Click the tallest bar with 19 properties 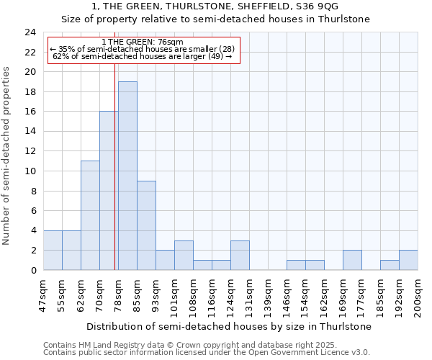[x=127, y=176]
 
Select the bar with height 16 [x=109, y=191]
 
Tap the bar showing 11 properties [x=90, y=215]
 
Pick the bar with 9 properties [x=146, y=225]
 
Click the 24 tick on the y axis [x=30, y=32]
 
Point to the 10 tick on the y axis [x=30, y=171]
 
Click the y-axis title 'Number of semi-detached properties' [x=7, y=156]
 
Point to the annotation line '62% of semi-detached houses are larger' [x=143, y=56]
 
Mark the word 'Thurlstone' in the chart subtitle [x=344, y=19]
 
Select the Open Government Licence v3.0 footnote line [x=207, y=352]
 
